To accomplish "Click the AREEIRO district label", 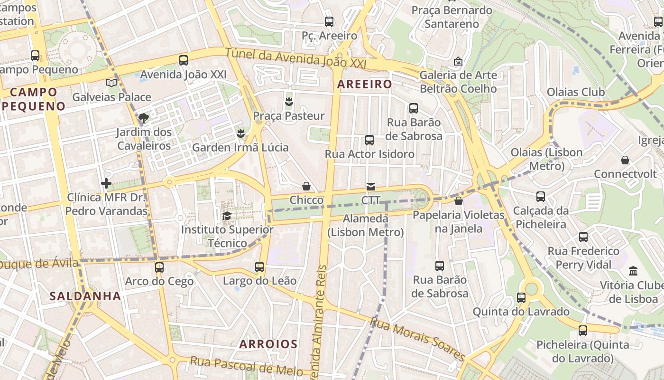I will (x=364, y=85).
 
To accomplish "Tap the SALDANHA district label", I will (x=85, y=296).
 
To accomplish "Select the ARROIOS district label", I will (x=268, y=344).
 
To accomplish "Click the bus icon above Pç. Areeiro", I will (x=329, y=21).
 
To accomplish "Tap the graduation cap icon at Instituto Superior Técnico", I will (x=227, y=216).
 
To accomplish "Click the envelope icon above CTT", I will (x=370, y=187).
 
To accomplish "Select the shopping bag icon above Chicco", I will (x=306, y=186).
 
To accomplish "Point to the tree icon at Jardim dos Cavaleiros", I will (x=144, y=118).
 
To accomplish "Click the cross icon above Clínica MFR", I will (x=106, y=183).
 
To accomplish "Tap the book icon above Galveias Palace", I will (x=111, y=83).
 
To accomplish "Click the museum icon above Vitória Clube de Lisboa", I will (x=633, y=271).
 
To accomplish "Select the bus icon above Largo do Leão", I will (x=259, y=267).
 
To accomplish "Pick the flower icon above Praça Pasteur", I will (x=288, y=101).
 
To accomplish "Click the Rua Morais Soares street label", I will (x=417, y=339).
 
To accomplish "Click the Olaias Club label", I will (x=576, y=92).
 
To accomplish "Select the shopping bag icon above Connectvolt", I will (x=625, y=160).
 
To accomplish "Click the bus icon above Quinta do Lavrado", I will (x=521, y=298).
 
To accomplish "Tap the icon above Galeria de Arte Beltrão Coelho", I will (x=458, y=61).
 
